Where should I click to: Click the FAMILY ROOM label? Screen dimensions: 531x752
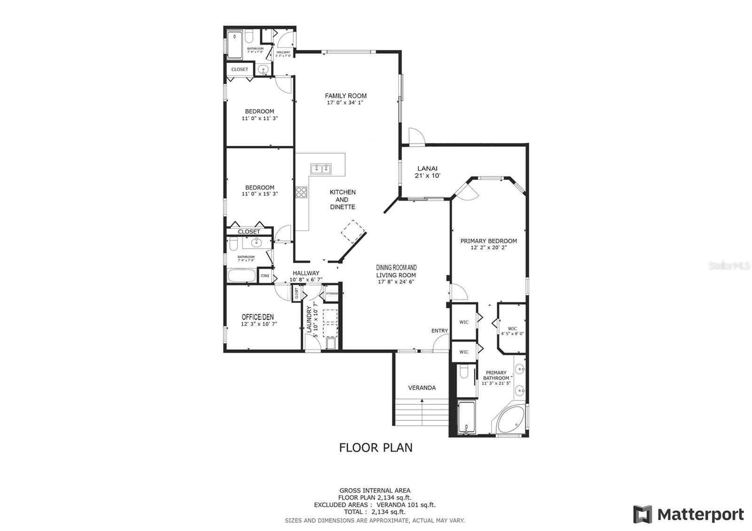tap(345, 96)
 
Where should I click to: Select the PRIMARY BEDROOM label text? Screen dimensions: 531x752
tap(488, 241)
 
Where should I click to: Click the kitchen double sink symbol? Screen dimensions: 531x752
tap(321, 168)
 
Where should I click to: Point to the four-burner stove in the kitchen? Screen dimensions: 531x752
tap(301, 192)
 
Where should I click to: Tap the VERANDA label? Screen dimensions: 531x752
tap(422, 388)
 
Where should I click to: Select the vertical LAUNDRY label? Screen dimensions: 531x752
tap(309, 320)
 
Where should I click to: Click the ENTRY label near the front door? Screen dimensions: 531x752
tap(439, 331)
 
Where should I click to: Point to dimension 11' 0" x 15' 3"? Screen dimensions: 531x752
tap(259, 194)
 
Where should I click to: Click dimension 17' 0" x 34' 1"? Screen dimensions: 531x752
tap(345, 102)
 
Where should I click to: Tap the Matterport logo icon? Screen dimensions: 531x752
tap(642, 514)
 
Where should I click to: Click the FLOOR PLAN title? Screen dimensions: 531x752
tap(376, 447)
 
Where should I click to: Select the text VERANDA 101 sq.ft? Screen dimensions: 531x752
tap(406, 505)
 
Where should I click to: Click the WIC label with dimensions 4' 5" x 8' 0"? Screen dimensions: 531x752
tap(512, 331)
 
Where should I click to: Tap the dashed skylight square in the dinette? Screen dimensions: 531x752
tap(353, 231)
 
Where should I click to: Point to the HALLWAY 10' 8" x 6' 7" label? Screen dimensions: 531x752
tap(305, 276)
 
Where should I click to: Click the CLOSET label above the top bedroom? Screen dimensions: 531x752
tap(240, 69)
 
